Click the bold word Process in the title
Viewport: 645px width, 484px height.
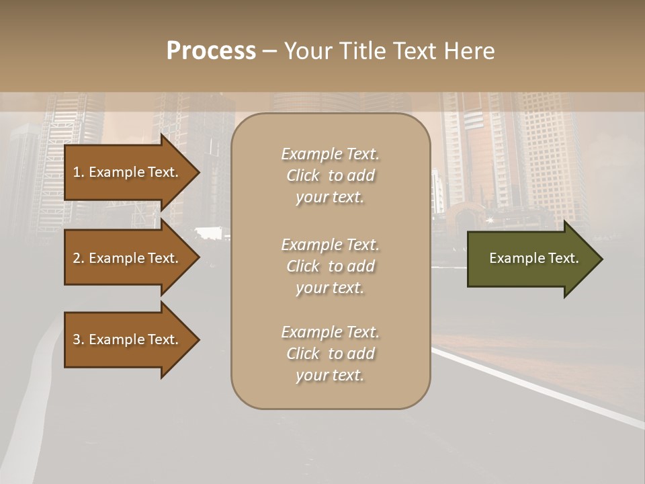[x=211, y=51]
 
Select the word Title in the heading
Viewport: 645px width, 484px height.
[x=361, y=51]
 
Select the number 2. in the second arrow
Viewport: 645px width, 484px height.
[x=78, y=258]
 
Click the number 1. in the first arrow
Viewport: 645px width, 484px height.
[x=78, y=172]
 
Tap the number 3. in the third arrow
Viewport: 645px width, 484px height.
[x=78, y=339]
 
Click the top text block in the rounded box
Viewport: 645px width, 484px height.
[x=330, y=175]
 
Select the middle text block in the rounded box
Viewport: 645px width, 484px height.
[x=330, y=266]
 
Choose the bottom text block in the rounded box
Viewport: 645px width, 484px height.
[x=330, y=354]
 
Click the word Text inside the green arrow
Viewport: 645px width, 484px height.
[x=564, y=258]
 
